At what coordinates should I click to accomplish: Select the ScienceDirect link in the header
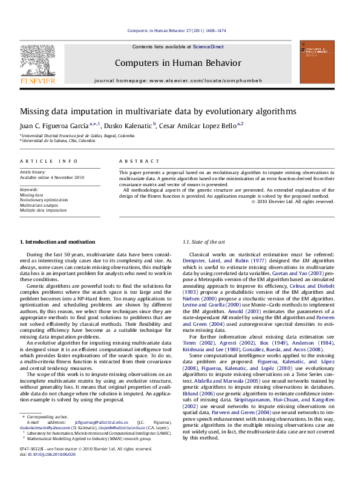click(x=208, y=47)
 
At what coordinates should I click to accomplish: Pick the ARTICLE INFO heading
click(x=49, y=161)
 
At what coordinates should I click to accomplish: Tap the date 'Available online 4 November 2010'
click(x=52, y=178)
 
